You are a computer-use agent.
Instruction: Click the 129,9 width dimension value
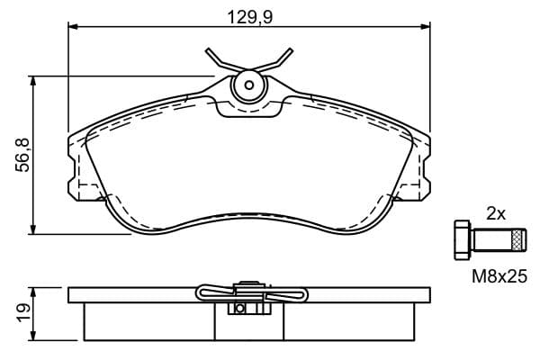[250, 17]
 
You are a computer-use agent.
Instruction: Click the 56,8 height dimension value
[23, 156]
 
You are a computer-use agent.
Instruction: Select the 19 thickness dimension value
[24, 313]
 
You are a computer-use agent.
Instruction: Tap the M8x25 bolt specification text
[499, 276]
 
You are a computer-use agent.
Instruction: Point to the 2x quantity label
[496, 214]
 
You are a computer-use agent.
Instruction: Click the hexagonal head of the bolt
[463, 239]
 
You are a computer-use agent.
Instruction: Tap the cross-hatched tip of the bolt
[516, 239]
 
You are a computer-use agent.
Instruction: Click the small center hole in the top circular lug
[248, 85]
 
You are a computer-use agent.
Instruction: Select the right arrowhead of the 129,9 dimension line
[426, 26]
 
